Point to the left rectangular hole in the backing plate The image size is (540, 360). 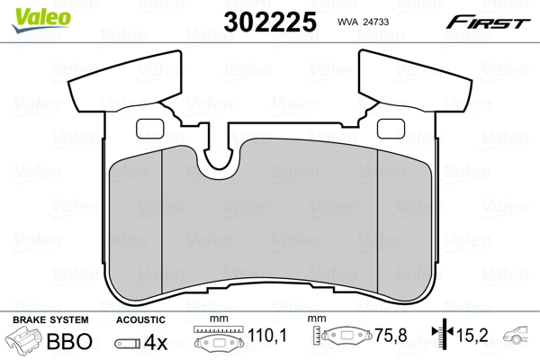point(145,129)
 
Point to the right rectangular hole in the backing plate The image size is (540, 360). point(391,129)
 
